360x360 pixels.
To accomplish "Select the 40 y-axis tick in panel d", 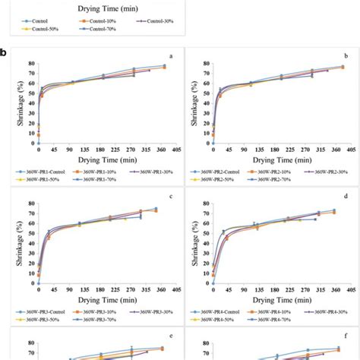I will pyautogui.click(x=203, y=244).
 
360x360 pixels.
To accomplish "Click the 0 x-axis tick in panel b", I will pyautogui.click(x=212, y=150).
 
